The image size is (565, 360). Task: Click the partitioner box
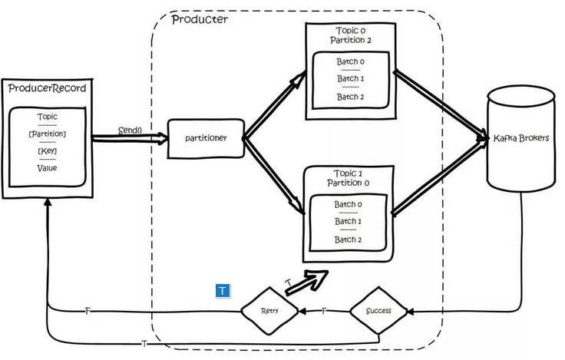205,139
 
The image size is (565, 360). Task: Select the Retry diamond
269,311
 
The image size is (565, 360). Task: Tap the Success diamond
379,311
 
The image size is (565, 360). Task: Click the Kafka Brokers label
520,139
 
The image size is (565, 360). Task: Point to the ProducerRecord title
47,89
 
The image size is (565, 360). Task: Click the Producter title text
199,19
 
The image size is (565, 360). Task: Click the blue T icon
223,291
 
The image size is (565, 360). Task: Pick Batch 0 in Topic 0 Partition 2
350,61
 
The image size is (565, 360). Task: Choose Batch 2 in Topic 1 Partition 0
348,239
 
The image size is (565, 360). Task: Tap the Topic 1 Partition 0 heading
348,178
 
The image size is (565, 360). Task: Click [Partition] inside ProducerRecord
47,134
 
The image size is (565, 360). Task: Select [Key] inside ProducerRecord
47,150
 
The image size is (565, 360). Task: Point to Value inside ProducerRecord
47,167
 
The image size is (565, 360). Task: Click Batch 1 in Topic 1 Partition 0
348,222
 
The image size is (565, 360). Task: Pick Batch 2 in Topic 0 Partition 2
350,97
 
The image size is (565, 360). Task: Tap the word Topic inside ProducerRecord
47,117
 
